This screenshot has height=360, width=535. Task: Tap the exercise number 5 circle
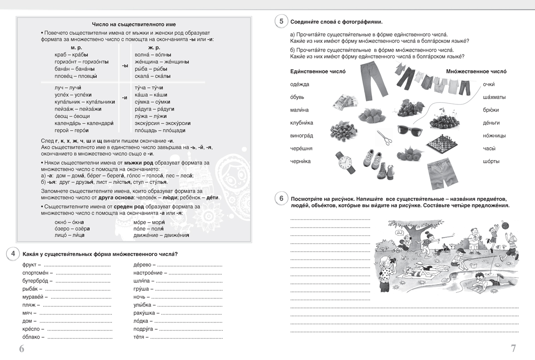(281, 21)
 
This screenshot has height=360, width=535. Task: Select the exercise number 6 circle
(281, 199)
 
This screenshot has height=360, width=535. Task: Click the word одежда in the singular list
(300, 84)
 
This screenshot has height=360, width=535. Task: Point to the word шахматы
(494, 97)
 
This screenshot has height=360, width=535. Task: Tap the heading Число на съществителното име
(128, 25)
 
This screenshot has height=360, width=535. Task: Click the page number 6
(22, 348)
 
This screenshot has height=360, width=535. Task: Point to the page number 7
(513, 348)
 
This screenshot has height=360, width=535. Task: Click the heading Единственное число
(318, 71)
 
